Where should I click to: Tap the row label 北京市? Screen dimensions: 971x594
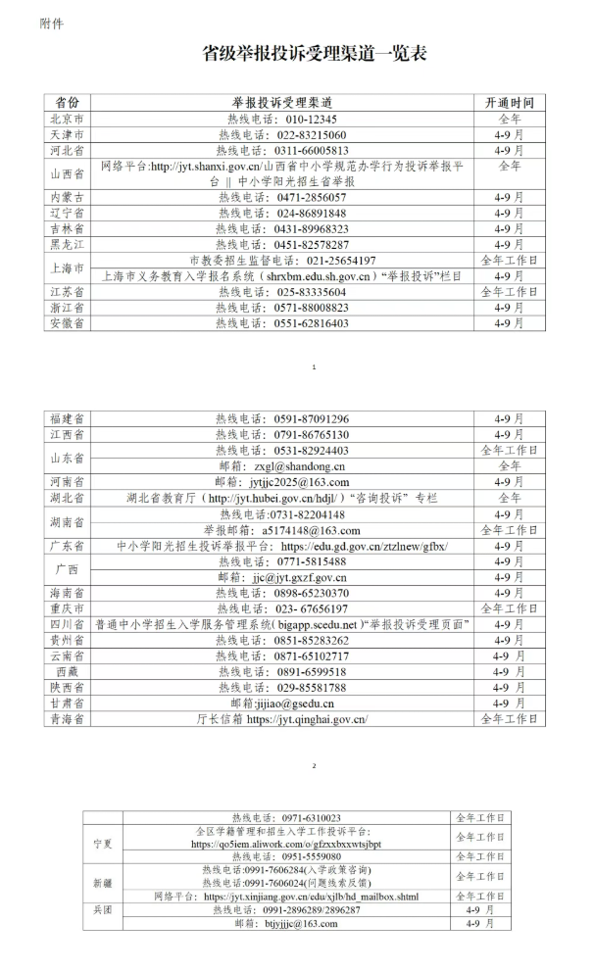point(67,119)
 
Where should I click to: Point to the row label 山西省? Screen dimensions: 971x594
point(67,173)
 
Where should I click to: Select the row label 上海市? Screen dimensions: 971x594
point(67,267)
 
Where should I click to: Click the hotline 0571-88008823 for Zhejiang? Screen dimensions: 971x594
point(313,307)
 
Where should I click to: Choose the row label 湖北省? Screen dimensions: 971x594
point(67,498)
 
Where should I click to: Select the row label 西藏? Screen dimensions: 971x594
point(67,672)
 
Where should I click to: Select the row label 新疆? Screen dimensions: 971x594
point(103,883)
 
